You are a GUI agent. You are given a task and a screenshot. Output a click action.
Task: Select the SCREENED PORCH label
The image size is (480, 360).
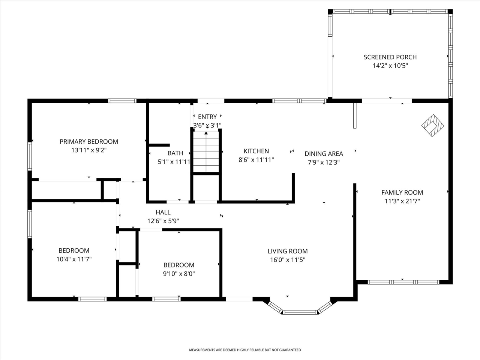point(390,57)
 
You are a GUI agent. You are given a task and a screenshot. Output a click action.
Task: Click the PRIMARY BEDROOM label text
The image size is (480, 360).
point(89,141)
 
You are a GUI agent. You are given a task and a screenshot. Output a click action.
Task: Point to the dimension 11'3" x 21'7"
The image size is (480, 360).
point(402,201)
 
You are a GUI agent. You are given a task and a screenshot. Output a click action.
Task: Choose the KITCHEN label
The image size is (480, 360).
point(256,151)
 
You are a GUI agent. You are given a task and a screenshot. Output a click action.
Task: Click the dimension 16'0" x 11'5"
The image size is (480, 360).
point(288,259)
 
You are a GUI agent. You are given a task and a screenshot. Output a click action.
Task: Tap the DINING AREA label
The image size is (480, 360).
point(324,153)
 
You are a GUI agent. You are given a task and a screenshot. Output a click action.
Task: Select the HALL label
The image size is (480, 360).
point(163,212)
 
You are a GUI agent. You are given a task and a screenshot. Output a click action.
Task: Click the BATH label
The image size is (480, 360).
point(175,153)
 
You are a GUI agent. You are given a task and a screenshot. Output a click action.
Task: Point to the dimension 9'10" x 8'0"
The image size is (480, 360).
point(178,274)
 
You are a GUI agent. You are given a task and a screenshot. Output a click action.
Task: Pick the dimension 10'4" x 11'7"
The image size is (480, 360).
point(74,259)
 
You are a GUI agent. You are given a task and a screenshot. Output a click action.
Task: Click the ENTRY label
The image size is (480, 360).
point(207,117)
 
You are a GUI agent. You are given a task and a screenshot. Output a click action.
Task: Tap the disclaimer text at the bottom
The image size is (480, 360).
point(244,350)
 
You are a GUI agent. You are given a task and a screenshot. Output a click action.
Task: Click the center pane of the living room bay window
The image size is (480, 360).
point(300,312)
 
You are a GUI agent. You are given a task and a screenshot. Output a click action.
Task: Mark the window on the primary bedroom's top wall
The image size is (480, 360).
point(122,100)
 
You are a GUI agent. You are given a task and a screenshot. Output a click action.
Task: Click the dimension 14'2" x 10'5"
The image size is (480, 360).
point(390,66)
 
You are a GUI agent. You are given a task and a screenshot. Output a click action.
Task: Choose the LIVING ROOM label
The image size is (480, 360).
point(288,251)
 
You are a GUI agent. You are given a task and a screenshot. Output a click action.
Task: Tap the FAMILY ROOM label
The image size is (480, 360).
point(402,192)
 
